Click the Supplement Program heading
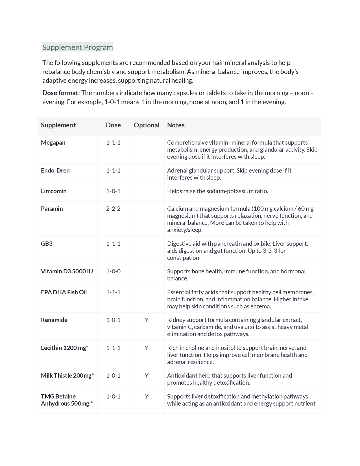(77, 47)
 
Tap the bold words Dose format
(61, 93)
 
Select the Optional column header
(147, 125)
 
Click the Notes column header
(176, 125)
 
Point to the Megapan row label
(53, 143)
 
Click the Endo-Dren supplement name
(55, 171)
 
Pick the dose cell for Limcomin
(113, 191)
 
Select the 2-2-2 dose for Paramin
(113, 209)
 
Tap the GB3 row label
(47, 244)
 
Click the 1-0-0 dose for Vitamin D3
(113, 271)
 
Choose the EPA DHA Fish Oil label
(64, 292)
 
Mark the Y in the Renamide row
(147, 320)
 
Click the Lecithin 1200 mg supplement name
(64, 348)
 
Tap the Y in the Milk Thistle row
(147, 376)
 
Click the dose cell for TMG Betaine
(113, 397)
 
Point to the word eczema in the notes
(261, 306)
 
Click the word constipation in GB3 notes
(184, 258)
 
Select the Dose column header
(113, 125)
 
